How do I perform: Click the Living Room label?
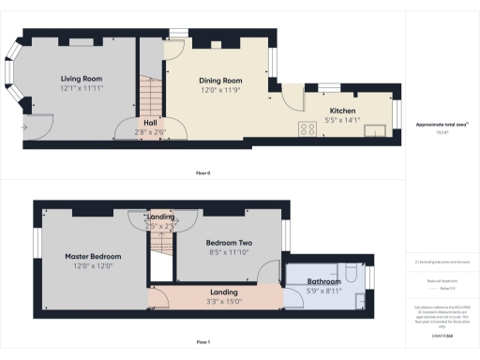[x=82, y=78]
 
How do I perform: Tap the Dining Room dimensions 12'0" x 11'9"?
[x=220, y=91]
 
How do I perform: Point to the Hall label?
[x=151, y=122]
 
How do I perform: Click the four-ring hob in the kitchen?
[x=306, y=129]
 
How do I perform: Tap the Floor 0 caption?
[x=203, y=173]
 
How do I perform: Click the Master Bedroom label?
[x=93, y=256]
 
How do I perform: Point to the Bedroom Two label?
[x=230, y=242]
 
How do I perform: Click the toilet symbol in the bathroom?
[x=349, y=273]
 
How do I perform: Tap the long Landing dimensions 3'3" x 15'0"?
[x=223, y=300]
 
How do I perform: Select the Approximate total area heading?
[x=441, y=125]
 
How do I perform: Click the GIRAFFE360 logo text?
[x=441, y=334]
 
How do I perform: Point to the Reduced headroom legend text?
[x=441, y=281]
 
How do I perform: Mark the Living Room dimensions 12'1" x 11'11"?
[x=82, y=88]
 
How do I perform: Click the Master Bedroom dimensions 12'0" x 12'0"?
[x=93, y=265]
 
